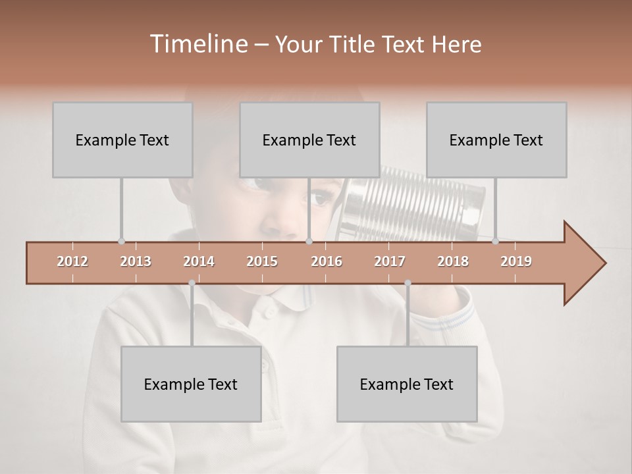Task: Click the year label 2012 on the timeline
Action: coord(72,261)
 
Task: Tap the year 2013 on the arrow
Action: coord(136,261)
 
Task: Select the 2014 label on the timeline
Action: coord(199,261)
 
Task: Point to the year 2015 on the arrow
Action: coord(262,261)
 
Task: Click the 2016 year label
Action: coord(327,261)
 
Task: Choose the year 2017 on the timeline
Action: coord(390,261)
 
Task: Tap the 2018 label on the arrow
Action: coord(453,261)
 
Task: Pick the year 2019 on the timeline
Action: coord(516,261)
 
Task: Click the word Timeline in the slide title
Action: coord(197,44)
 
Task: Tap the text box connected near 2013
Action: coord(122,140)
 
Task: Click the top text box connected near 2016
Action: coord(309,140)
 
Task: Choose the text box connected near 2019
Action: coord(496,140)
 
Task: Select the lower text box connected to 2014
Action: coord(191,384)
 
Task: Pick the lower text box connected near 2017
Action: coord(407,384)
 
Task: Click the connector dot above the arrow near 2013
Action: coord(121,241)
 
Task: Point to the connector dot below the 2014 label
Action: coord(192,283)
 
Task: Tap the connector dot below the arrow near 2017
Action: coord(408,283)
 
